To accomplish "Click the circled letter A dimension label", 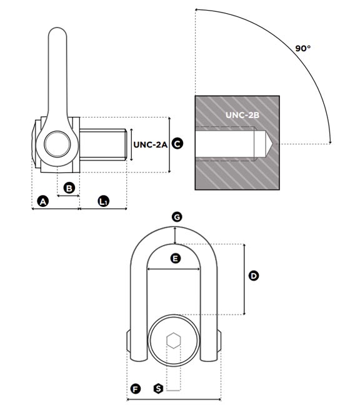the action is pos(43,201).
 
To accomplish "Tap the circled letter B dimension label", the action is pos(69,188).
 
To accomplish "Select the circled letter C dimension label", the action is pos(177,144).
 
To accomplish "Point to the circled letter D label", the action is pos(254,276).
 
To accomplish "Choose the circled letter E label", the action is pos(176,258).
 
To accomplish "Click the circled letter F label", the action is pos(136,389).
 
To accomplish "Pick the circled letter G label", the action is pos(177,217).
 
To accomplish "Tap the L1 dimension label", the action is pos(103,201).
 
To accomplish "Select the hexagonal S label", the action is pos(158,389).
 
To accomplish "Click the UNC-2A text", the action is pos(150,144).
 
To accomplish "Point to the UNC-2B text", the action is pos(242,115).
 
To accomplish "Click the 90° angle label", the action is pos(303,48).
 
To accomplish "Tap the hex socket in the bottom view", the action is pos(174,341).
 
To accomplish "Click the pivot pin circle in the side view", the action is pos(57,144).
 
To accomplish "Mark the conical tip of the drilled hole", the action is pos(269,144).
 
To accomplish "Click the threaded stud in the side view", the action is pos(103,144).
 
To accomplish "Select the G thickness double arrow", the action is pos(176,235).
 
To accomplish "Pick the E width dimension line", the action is pos(173,269).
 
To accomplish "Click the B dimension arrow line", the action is pos(68,196).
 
